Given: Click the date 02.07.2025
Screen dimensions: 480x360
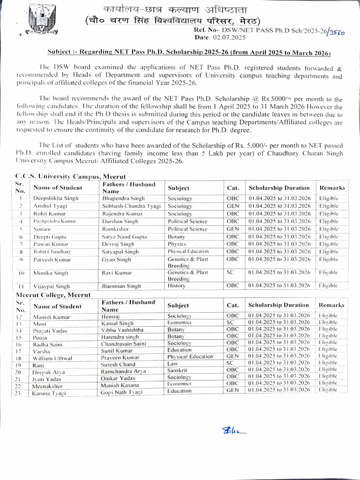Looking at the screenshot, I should tap(230, 37).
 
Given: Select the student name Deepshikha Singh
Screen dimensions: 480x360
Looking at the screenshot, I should tap(55, 198).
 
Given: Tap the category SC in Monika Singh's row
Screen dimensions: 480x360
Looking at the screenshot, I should tap(230, 272).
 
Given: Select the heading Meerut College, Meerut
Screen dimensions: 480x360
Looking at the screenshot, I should tap(53, 295).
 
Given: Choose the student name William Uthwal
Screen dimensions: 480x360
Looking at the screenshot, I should tap(52, 358).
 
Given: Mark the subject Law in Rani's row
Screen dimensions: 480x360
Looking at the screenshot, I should tap(172, 363).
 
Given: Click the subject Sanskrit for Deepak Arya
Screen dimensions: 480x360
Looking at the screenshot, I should tap(177, 370).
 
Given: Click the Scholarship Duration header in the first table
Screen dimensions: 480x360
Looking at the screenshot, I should tap(279, 187).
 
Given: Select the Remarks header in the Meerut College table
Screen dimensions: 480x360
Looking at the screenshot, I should tap(331, 305).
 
